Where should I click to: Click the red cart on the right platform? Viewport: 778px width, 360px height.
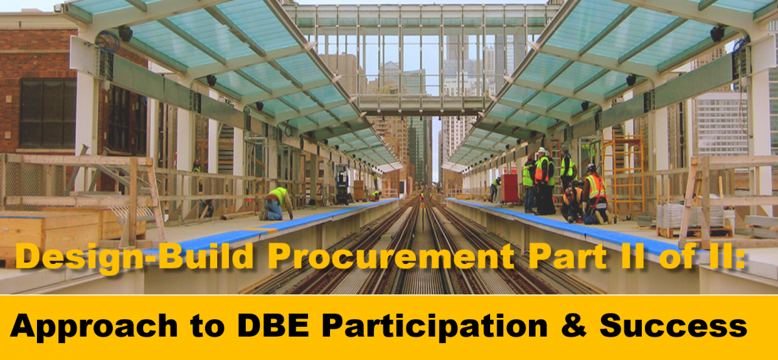click(510, 187)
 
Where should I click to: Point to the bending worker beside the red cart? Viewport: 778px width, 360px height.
click(495, 189)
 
